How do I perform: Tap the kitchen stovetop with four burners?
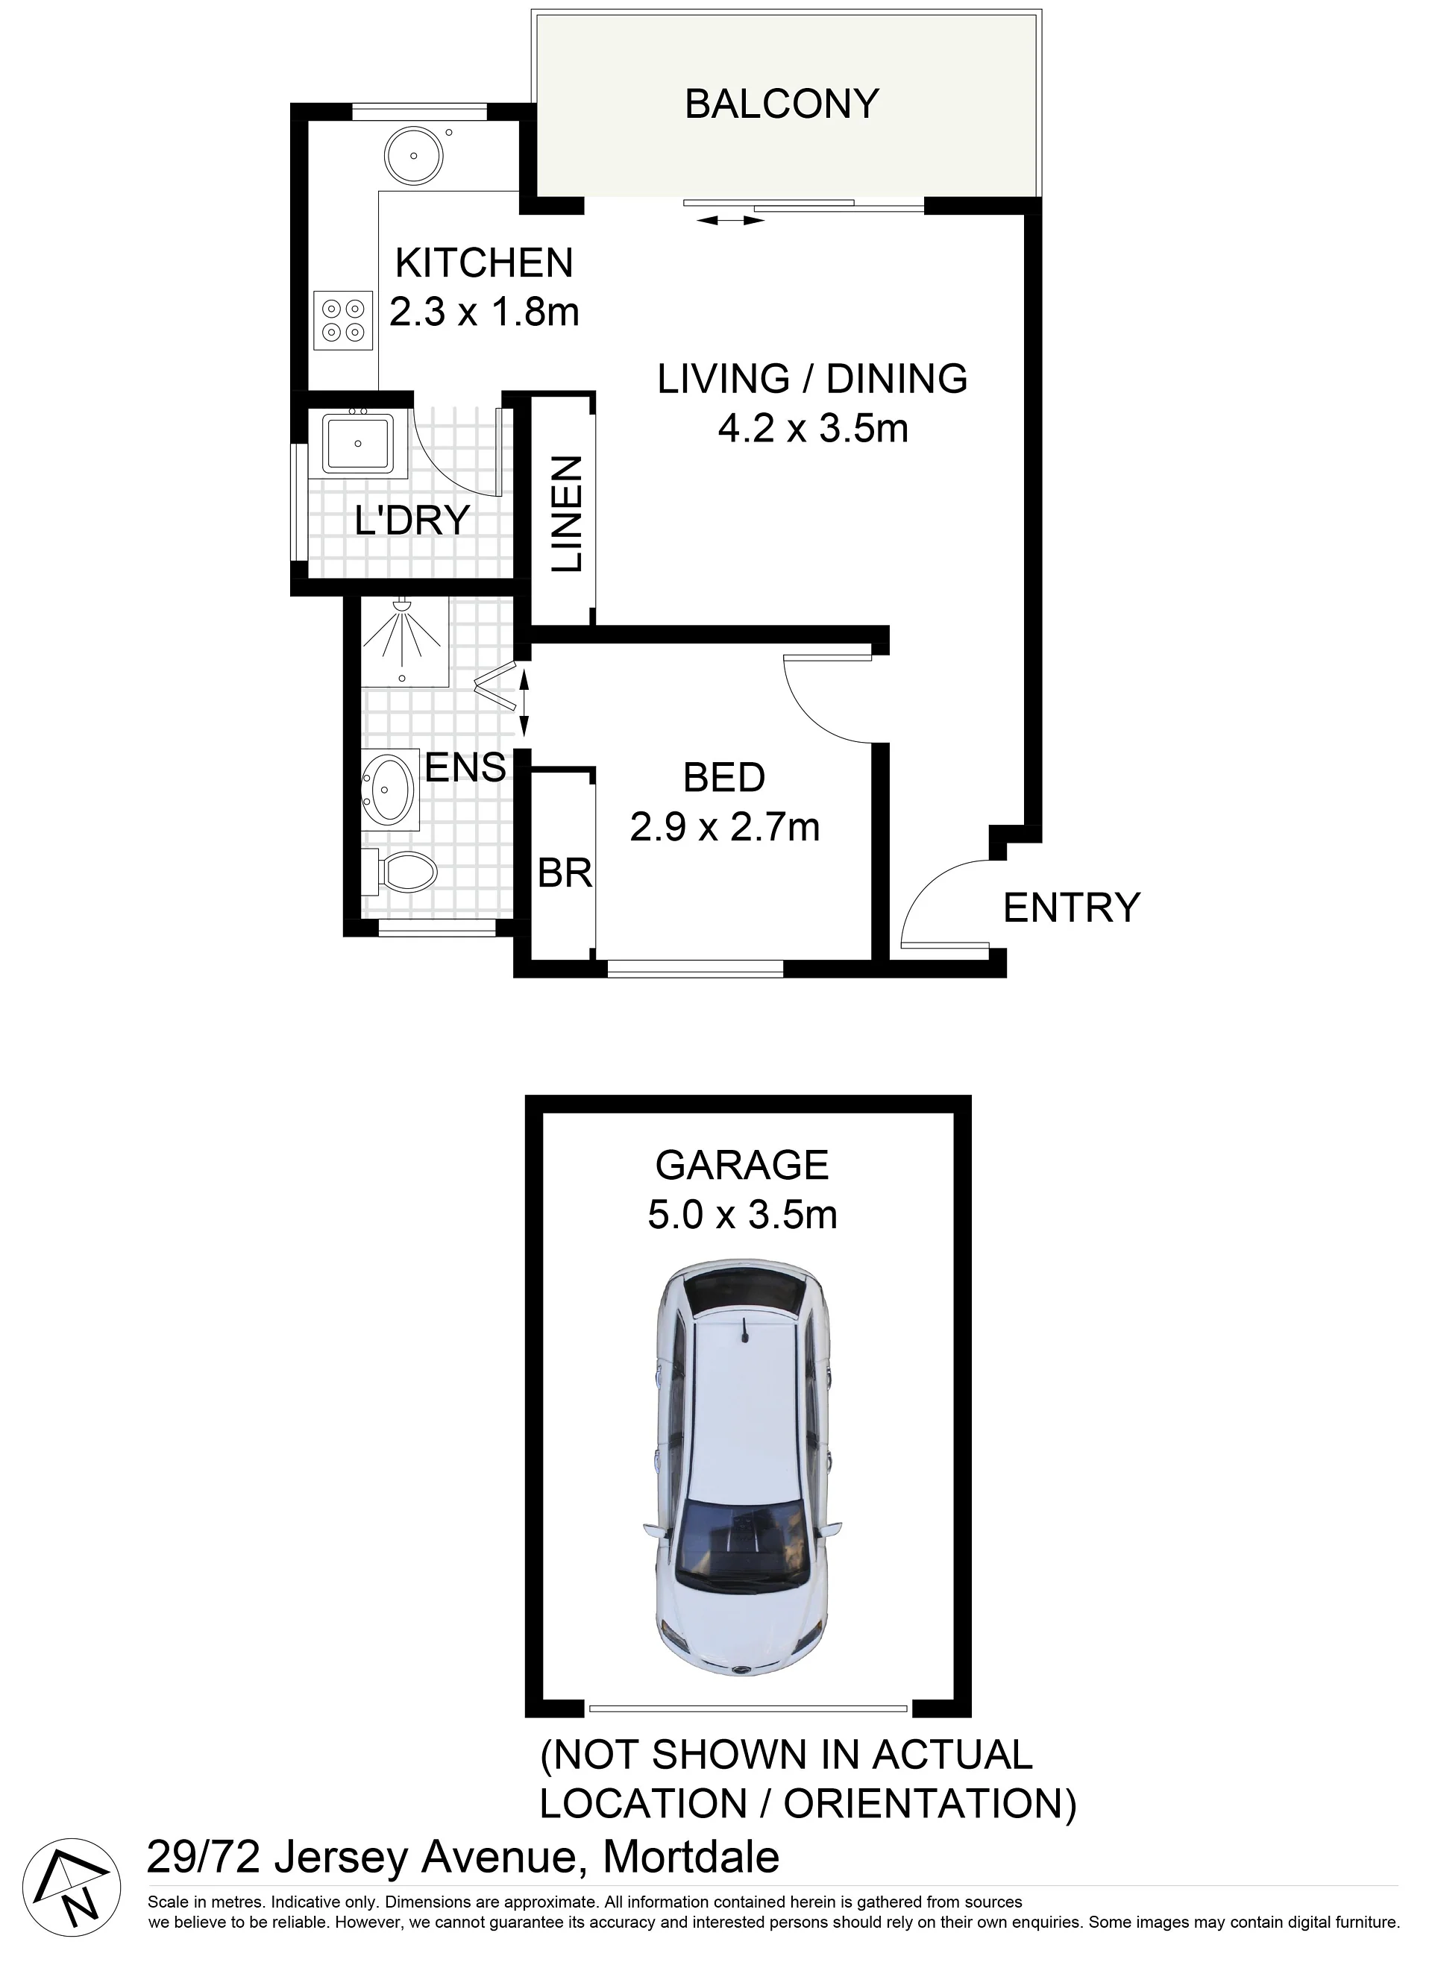click(x=343, y=320)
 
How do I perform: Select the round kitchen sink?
click(x=414, y=156)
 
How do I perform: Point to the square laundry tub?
click(x=359, y=444)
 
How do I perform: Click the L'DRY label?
click(x=412, y=521)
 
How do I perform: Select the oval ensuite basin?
click(x=388, y=789)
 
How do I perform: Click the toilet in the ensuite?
click(x=399, y=872)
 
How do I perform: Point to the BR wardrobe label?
click(x=565, y=873)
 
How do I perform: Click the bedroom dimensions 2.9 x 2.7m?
click(x=725, y=827)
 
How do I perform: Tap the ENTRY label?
click(x=1071, y=908)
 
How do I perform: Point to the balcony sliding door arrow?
click(x=730, y=221)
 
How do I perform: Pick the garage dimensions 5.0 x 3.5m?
click(x=742, y=1214)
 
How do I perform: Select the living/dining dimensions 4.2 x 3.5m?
click(x=812, y=429)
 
